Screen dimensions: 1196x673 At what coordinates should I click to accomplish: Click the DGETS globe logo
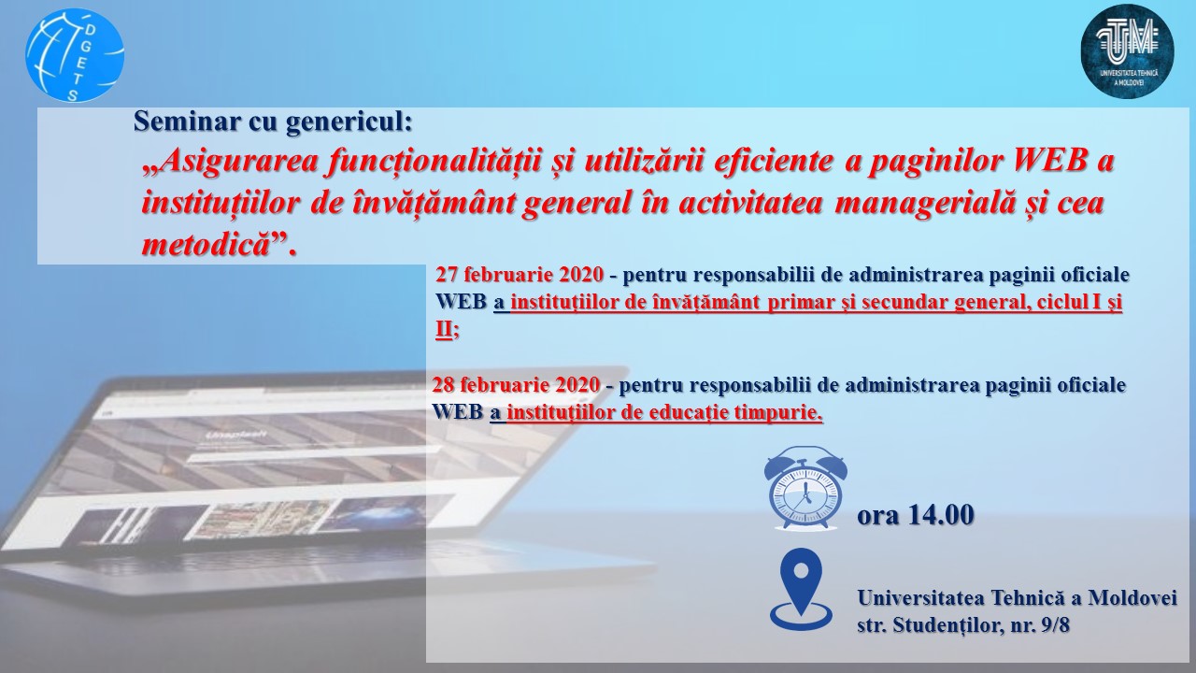tap(75, 55)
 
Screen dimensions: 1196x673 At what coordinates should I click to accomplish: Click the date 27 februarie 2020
tap(520, 275)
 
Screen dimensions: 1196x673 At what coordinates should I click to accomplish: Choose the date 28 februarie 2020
tap(516, 384)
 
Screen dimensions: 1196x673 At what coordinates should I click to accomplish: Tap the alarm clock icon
tap(805, 488)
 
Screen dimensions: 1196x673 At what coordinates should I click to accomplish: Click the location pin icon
tap(801, 589)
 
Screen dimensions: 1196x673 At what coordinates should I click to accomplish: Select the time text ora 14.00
tap(915, 515)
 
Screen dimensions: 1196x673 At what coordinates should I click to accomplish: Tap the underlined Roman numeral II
tap(444, 330)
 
